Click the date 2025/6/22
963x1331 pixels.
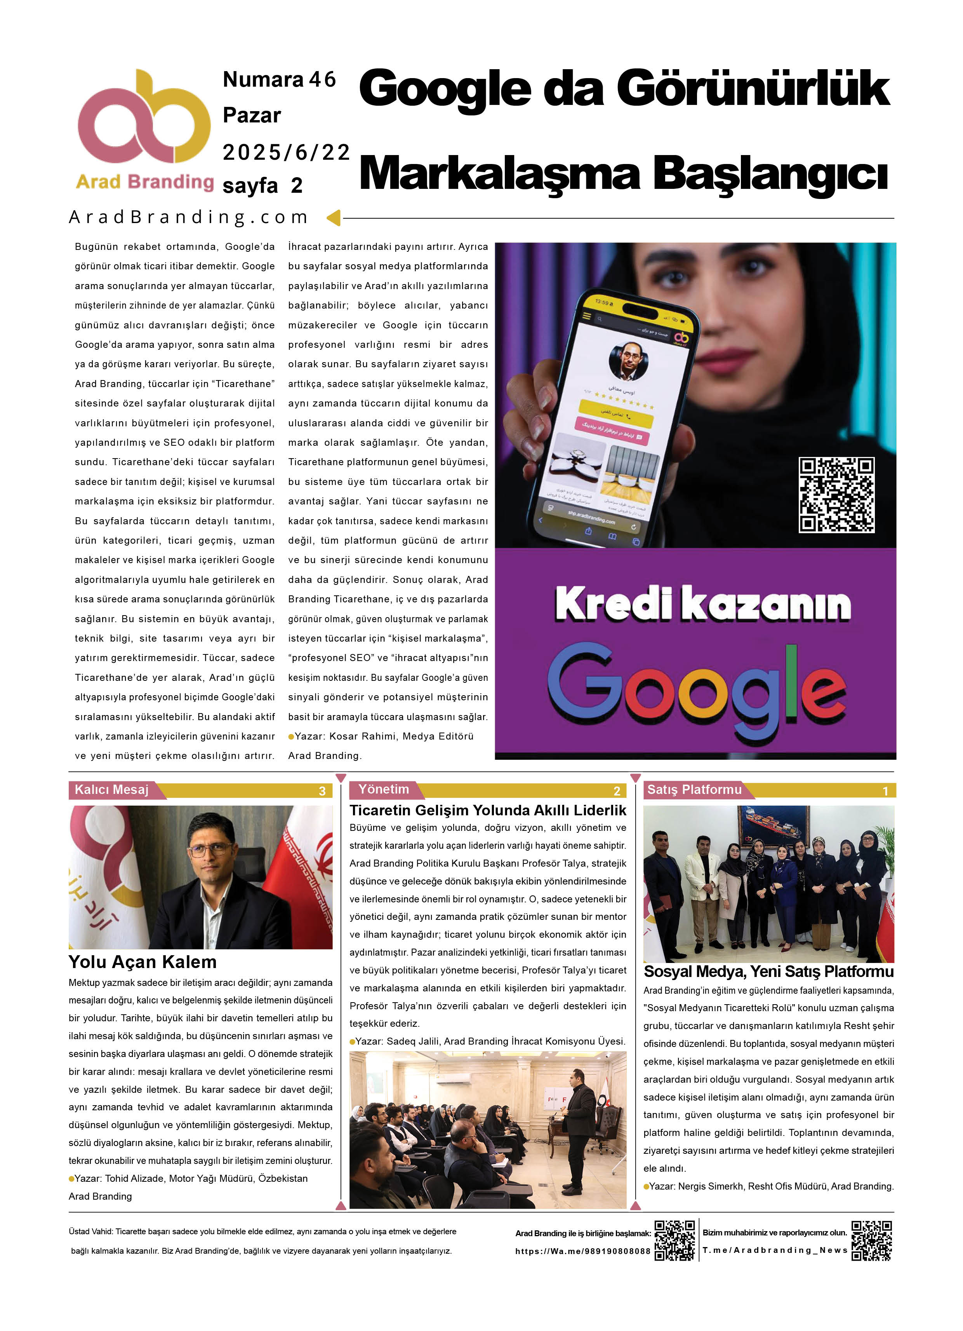pyautogui.click(x=286, y=153)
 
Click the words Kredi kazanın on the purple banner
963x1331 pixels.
pyautogui.click(x=702, y=604)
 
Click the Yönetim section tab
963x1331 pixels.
pyautogui.click(x=384, y=789)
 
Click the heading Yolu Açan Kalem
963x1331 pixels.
pyautogui.click(x=143, y=962)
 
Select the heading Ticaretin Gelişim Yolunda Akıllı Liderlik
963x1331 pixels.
pyautogui.click(x=487, y=811)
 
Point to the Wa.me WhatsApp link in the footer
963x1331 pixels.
pyautogui.click(x=582, y=1251)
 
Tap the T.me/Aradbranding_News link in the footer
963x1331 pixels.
pyautogui.click(x=775, y=1250)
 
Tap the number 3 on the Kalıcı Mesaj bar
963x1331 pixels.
pyautogui.click(x=322, y=791)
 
